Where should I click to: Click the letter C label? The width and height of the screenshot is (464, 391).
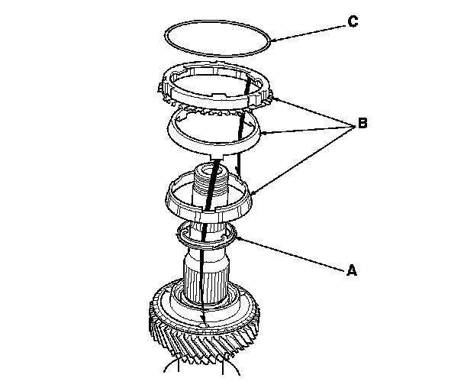(353, 22)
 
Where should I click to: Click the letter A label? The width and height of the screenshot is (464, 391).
(351, 269)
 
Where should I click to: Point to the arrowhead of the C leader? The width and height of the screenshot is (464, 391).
(271, 39)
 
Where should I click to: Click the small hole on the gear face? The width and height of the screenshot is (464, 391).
(202, 327)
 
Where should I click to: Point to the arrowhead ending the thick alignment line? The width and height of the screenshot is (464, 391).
(202, 320)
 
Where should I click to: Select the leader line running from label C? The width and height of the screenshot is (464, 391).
(305, 31)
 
